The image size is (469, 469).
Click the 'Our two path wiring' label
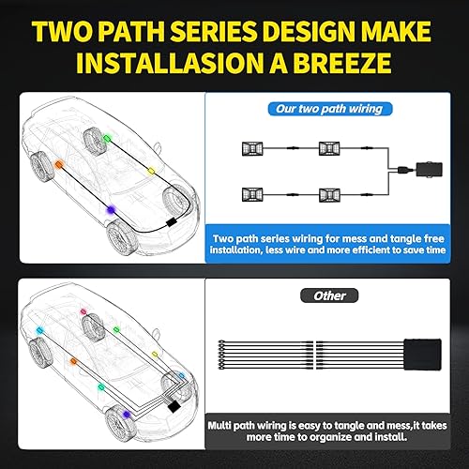(328, 108)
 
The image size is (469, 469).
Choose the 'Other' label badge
(329, 295)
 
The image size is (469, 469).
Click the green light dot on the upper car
(105, 136)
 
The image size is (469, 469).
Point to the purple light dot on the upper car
(111, 208)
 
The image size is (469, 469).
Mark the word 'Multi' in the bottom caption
(226, 424)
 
